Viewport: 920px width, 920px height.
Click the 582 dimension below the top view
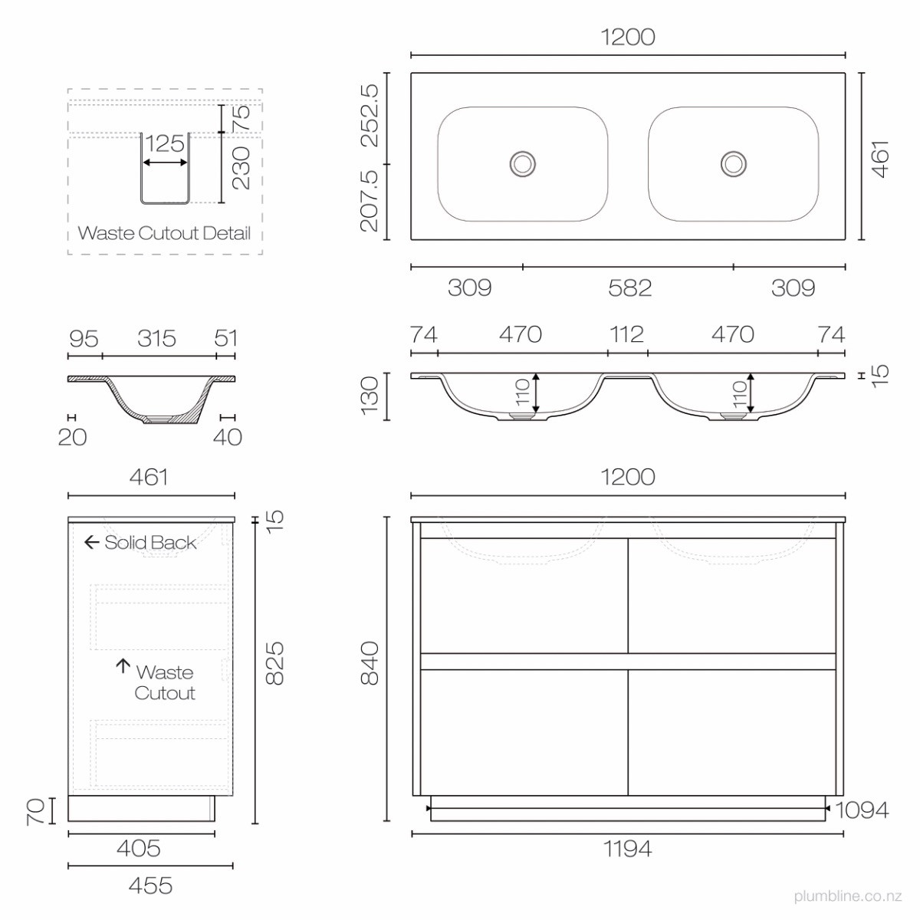pos(629,288)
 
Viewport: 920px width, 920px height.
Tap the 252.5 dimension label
pos(370,116)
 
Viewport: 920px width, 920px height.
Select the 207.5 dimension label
pos(370,201)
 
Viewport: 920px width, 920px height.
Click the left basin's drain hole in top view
pos(522,164)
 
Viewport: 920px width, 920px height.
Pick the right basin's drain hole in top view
pos(734,164)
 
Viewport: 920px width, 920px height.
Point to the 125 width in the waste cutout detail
pos(165,143)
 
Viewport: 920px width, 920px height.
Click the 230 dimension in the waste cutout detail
pos(241,168)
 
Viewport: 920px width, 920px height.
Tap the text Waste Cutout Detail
pos(164,233)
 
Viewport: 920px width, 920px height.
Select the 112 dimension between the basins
pos(627,334)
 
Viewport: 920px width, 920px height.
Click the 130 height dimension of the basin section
pos(370,396)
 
